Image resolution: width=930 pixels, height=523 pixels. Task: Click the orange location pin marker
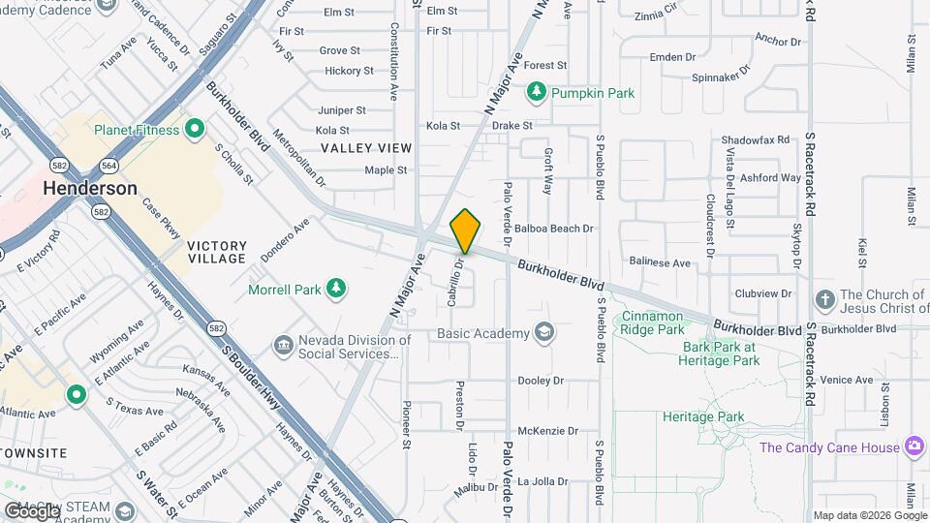(x=466, y=231)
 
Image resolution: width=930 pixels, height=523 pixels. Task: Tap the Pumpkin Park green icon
(x=536, y=93)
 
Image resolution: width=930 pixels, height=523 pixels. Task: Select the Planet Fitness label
(x=137, y=130)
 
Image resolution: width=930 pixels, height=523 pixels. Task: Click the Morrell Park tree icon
(x=336, y=288)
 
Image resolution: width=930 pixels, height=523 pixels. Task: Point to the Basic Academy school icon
(x=545, y=333)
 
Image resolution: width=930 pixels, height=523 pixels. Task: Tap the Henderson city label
(x=90, y=189)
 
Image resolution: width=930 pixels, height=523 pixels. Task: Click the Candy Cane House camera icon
(x=913, y=446)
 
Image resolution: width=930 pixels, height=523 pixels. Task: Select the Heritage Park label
(x=702, y=417)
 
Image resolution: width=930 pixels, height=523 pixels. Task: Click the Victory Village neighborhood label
(x=217, y=253)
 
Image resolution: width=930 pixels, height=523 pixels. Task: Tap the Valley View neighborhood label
(x=366, y=148)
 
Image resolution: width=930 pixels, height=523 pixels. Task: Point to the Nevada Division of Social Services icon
(x=284, y=344)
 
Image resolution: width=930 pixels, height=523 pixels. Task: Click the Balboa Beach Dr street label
(x=553, y=229)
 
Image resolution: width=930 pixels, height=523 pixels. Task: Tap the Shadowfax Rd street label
(x=756, y=139)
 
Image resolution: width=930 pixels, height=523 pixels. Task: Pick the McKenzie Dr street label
(x=547, y=431)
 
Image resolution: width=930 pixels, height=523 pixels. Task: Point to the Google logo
(x=31, y=510)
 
